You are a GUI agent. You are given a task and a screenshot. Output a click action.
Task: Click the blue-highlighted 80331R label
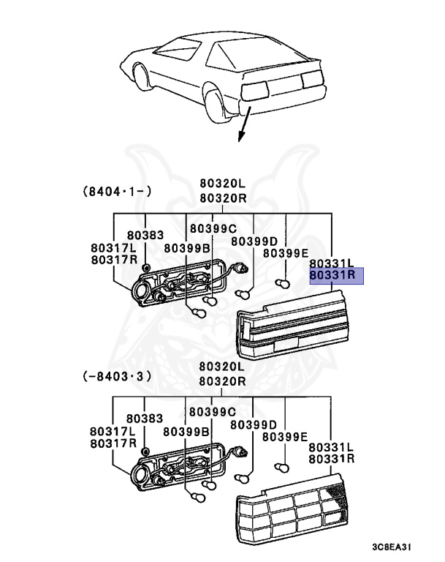point(332,275)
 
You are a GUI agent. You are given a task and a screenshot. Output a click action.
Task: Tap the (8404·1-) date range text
point(117,192)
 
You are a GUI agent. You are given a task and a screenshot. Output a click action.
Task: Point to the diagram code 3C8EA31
point(400,547)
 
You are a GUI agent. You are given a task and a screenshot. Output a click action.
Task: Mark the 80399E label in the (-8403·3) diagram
point(286,437)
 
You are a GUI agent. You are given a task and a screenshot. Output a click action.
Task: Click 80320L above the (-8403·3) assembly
point(222,367)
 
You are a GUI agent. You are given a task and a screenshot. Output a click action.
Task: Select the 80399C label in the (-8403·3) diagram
point(213,412)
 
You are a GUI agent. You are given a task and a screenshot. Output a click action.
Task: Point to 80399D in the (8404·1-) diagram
point(254,241)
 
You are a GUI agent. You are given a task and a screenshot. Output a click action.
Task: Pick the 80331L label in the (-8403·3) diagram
point(331,446)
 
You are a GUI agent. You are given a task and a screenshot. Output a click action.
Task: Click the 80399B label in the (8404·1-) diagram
point(186,248)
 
